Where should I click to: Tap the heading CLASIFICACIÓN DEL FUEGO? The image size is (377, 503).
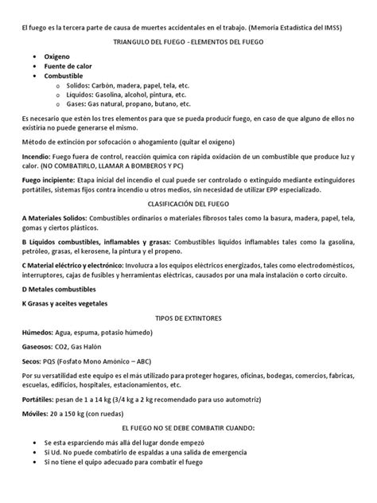tap(188, 226)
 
